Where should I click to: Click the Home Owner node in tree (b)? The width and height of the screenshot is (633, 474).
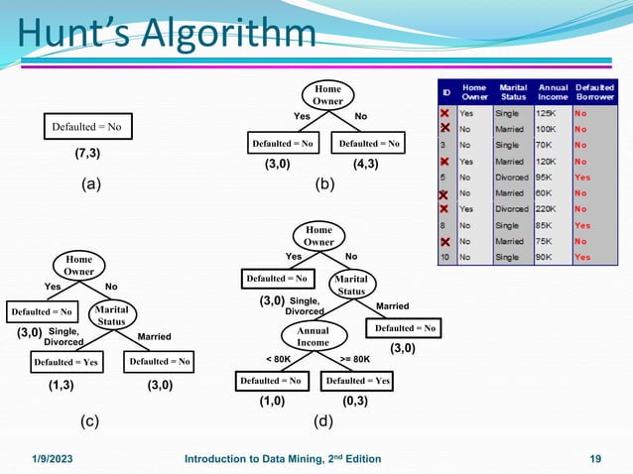click(x=327, y=95)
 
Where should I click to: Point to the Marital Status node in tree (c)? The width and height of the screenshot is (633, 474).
click(x=111, y=315)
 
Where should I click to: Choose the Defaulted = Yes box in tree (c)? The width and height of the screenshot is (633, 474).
click(x=65, y=362)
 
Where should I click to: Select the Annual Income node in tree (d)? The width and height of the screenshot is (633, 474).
click(x=314, y=336)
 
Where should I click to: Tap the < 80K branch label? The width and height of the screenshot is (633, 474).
click(x=279, y=358)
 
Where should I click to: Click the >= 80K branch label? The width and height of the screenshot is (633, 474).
click(x=354, y=358)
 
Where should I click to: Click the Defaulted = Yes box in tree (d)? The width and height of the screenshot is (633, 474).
click(x=359, y=381)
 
